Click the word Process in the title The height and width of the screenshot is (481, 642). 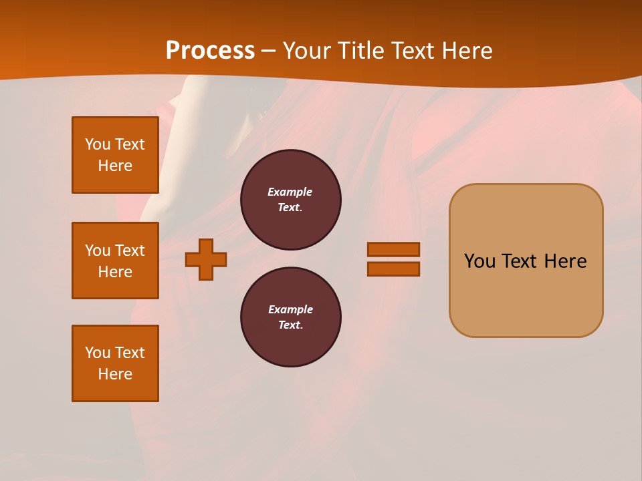point(210,50)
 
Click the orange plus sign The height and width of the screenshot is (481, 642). point(206,259)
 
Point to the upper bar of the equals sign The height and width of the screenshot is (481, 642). point(393,249)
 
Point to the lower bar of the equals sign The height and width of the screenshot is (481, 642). point(393,269)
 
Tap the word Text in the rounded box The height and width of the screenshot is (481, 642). point(524,261)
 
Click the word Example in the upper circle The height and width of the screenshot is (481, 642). point(290,192)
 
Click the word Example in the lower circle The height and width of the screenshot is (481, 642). point(290,309)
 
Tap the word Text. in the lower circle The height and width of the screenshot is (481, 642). point(290,325)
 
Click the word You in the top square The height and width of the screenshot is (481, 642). point(98,144)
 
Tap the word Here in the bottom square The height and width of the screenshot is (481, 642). point(115,374)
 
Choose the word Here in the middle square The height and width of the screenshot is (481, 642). point(115,272)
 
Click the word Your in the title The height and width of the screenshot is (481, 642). point(308,50)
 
